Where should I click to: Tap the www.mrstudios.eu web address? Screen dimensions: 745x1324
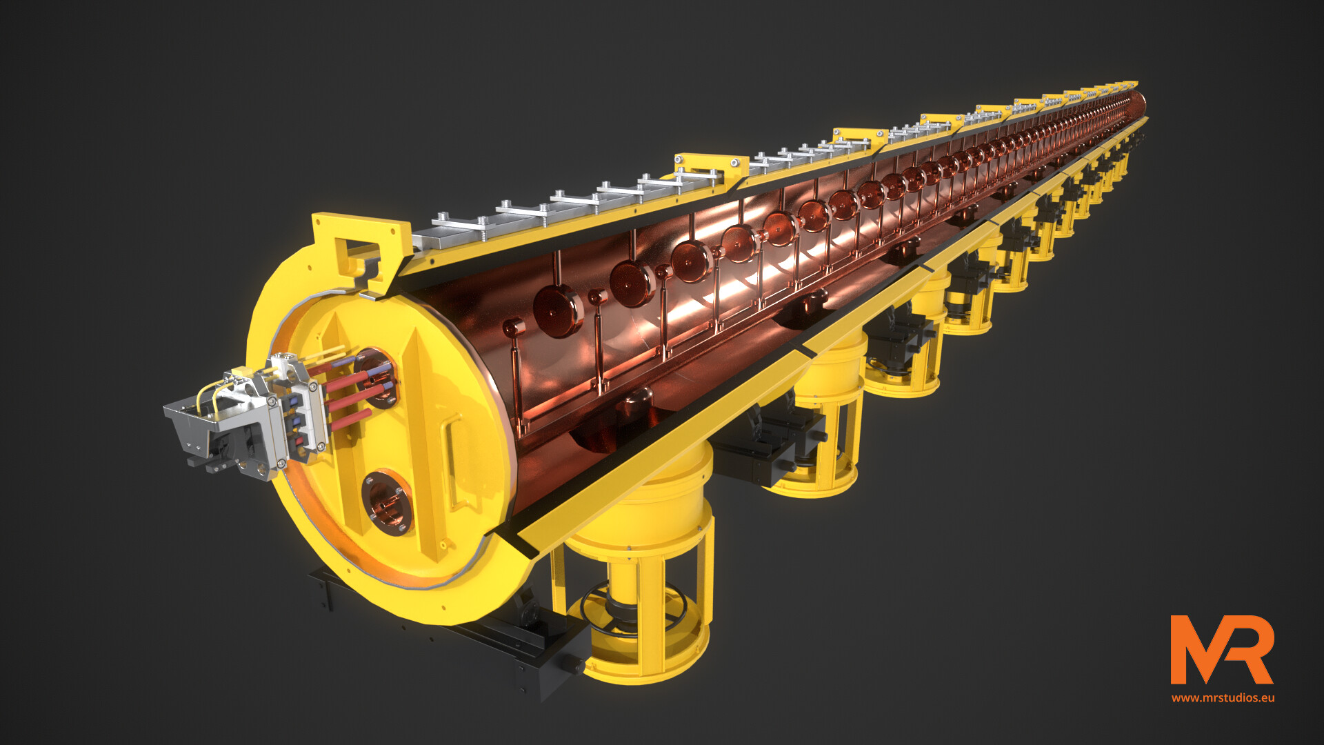1223,697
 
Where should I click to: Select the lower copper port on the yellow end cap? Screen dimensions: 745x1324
386,501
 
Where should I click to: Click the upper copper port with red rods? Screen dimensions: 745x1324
376,376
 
